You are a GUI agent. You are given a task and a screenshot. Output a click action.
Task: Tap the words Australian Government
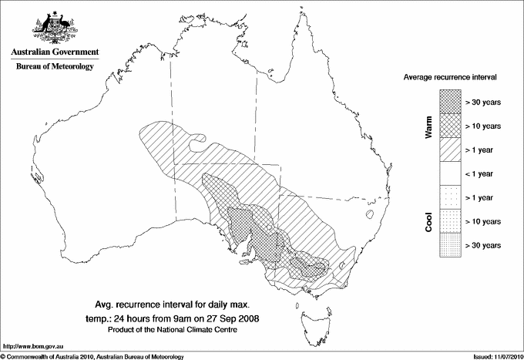tap(55, 52)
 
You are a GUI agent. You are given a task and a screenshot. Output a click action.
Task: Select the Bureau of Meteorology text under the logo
tap(55, 66)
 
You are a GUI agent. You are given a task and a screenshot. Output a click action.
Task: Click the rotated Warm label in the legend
tap(428, 126)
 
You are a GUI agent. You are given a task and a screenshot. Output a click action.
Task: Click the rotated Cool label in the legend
tap(428, 221)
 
